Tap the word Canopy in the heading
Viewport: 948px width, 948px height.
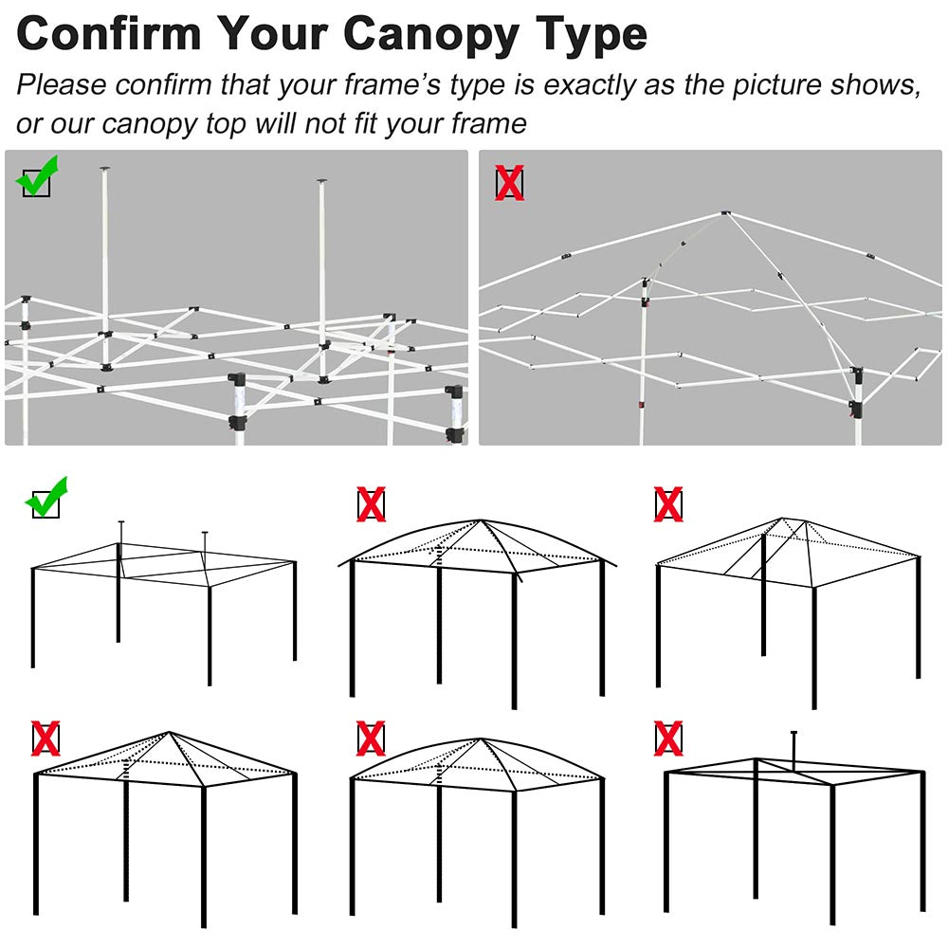coord(431,36)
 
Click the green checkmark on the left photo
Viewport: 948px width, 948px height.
coord(39,176)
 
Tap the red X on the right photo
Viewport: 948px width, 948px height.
coord(510,183)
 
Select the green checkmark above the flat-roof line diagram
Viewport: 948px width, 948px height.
coord(46,499)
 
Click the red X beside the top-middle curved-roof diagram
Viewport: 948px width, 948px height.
coord(371,504)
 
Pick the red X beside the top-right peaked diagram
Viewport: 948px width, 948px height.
coord(668,504)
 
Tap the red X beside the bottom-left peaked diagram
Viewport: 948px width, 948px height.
coord(46,738)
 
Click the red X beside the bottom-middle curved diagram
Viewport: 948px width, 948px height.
coord(371,738)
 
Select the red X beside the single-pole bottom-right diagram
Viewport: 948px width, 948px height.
coord(668,738)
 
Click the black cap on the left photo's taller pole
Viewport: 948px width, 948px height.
coord(106,170)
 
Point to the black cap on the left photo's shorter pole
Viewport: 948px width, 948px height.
coord(321,180)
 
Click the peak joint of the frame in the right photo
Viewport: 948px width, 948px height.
coord(725,212)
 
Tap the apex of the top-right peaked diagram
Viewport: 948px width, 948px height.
coord(782,519)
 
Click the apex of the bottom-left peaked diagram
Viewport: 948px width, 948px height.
coord(170,732)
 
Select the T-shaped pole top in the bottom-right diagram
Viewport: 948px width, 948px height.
coord(793,734)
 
